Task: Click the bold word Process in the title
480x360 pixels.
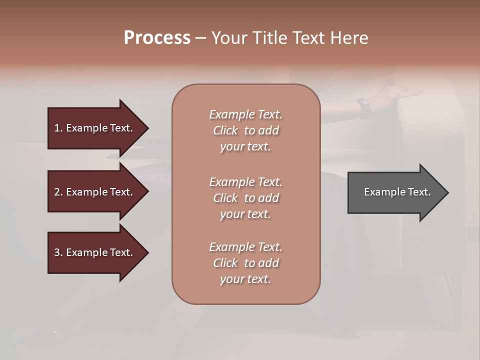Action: (x=157, y=38)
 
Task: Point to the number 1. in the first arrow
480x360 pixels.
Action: (x=58, y=128)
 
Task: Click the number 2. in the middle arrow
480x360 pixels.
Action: (x=58, y=192)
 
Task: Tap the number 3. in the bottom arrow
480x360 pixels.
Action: (x=58, y=252)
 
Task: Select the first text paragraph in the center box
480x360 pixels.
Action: (x=245, y=130)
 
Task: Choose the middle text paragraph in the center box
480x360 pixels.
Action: (x=245, y=198)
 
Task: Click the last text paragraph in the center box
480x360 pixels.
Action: (x=245, y=263)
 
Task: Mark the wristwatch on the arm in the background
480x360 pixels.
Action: (x=364, y=108)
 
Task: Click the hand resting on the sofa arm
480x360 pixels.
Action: (x=400, y=93)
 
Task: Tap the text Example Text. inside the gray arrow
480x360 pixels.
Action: (x=397, y=192)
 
